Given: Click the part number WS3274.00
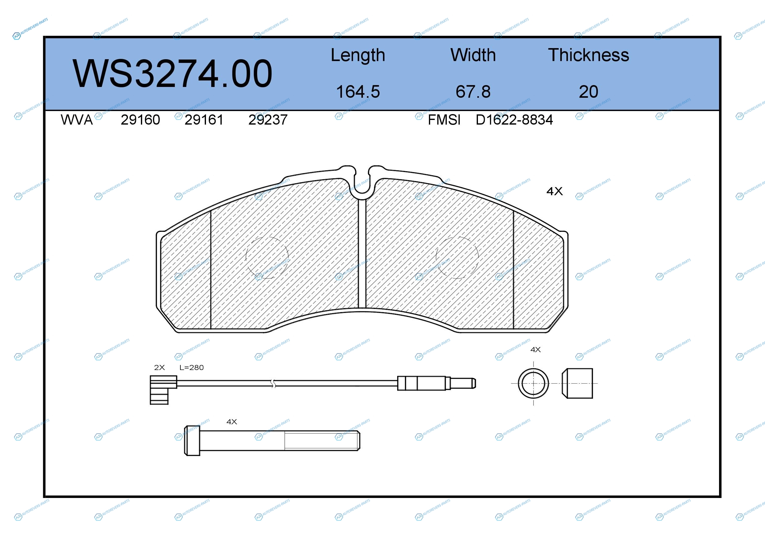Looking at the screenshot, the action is coord(172,73).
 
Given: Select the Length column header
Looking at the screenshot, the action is coord(358,55).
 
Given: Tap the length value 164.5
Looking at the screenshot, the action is coord(358,92).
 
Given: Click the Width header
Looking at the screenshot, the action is coord(473,55).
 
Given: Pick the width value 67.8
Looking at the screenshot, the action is coord(473,92).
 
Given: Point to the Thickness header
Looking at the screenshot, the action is coord(588,55).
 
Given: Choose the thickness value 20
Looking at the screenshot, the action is coord(588,92).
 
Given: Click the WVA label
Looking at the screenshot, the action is coord(77,120).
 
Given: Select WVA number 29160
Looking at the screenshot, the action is coord(140,120).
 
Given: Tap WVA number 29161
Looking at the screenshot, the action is coord(204,120).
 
